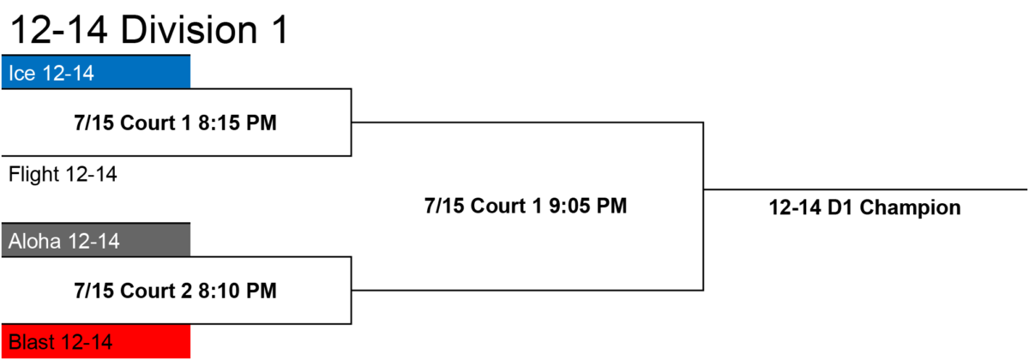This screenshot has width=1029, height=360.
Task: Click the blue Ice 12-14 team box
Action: point(96,72)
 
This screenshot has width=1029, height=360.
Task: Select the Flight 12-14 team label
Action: point(63,175)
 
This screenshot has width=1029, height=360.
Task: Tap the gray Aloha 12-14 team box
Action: point(96,240)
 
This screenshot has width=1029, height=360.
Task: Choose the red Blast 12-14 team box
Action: point(96,341)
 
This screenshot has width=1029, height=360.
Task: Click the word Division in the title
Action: point(189,30)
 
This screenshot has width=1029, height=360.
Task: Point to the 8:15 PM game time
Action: point(238,123)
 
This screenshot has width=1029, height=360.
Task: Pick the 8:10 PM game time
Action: point(238,291)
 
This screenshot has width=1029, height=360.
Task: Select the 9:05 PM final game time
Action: point(588,206)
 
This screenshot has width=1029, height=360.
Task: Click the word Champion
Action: point(911,207)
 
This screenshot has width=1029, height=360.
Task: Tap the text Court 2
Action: point(156,291)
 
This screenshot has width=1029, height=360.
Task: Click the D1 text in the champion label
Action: point(840,207)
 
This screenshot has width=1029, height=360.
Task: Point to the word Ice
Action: point(22,74)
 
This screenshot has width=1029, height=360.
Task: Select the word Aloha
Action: point(34,241)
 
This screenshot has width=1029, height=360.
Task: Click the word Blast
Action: point(33,342)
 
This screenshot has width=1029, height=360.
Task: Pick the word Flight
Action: point(34,175)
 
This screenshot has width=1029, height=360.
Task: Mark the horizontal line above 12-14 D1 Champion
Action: point(865,189)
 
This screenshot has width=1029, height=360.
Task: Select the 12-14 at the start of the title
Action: point(59,30)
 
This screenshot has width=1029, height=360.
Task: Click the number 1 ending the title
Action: point(280,30)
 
